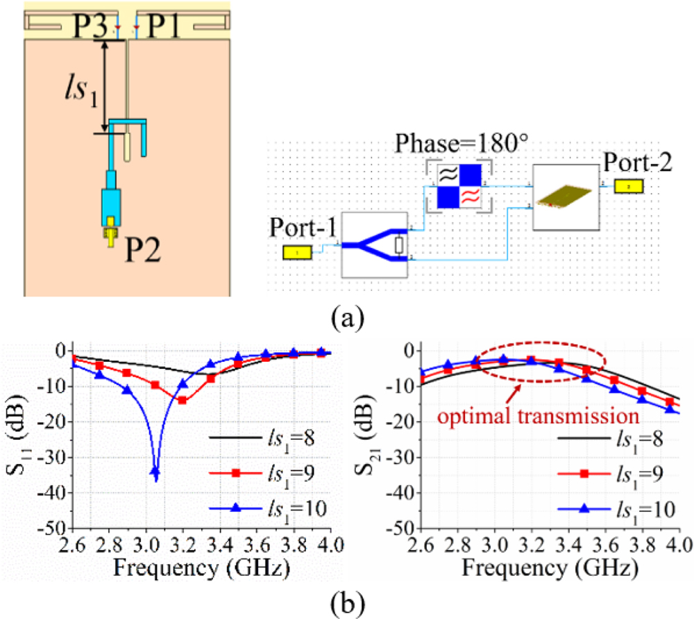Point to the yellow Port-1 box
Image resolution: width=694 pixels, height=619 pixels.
click(x=296, y=254)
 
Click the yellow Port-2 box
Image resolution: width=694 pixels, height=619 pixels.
click(x=629, y=186)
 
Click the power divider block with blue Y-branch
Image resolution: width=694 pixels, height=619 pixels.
click(x=375, y=245)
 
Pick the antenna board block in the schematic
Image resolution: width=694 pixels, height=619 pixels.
click(x=566, y=197)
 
